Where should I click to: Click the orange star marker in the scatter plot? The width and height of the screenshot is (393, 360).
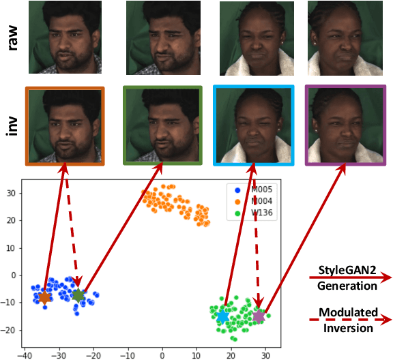[45, 298]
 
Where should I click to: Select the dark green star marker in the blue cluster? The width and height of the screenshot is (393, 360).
[78, 295]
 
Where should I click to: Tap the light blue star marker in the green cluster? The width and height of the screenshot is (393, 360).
[223, 316]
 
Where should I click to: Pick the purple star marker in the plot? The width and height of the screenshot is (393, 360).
[259, 316]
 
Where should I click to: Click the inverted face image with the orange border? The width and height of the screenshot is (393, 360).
[64, 126]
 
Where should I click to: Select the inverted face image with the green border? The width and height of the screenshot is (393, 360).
[163, 126]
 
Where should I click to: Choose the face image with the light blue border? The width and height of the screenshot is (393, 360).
[253, 126]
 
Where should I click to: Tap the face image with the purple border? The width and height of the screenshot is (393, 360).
[343, 126]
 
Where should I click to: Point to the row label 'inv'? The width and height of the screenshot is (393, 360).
[13, 126]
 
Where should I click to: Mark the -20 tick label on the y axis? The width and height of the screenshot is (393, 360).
[9, 331]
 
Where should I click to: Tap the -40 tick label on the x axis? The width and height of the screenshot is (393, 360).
[25, 355]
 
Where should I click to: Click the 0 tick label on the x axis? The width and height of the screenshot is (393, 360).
[162, 355]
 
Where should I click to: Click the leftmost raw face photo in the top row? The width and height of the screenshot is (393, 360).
[64, 37]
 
